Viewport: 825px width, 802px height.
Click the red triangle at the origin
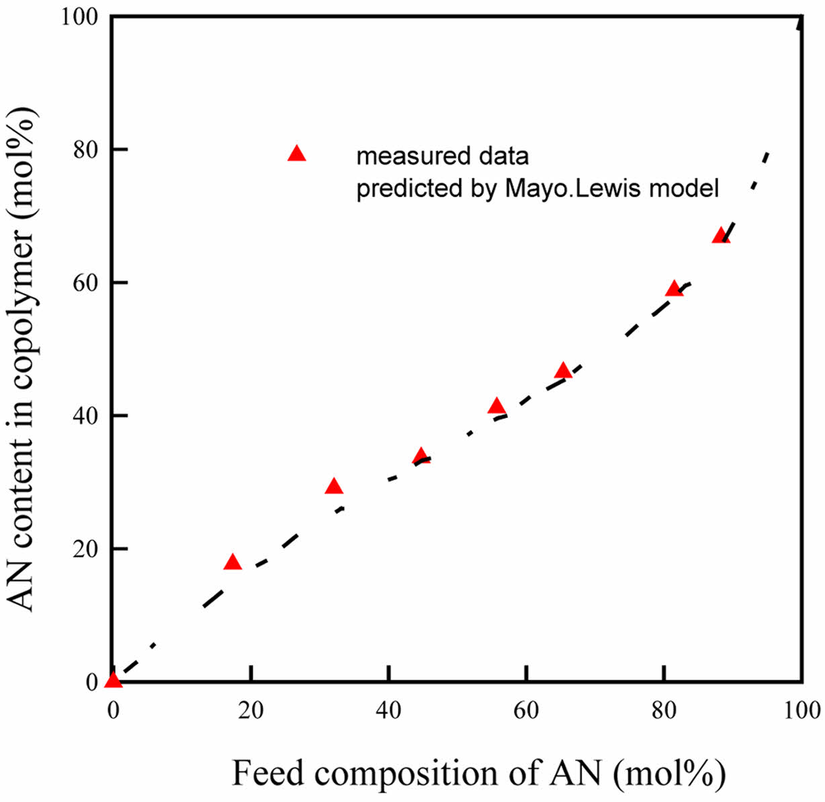click(114, 680)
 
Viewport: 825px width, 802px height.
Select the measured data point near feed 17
click(232, 563)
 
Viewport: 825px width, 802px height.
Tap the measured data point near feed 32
click(334, 487)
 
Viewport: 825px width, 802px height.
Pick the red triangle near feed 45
click(421, 457)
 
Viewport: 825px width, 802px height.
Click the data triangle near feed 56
click(496, 406)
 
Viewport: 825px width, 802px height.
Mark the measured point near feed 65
click(563, 371)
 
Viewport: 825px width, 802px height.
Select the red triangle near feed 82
click(674, 289)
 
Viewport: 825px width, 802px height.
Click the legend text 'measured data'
click(443, 157)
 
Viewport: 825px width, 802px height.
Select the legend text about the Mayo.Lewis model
click(537, 189)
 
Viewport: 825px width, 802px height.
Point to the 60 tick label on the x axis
click(526, 710)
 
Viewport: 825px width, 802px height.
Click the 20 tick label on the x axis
click(251, 710)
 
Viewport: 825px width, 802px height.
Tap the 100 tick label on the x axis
click(801, 710)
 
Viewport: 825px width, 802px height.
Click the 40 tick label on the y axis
click(85, 416)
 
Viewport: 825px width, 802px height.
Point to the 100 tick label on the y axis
click(79, 16)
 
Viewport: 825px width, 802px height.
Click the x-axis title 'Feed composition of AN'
click(478, 773)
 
